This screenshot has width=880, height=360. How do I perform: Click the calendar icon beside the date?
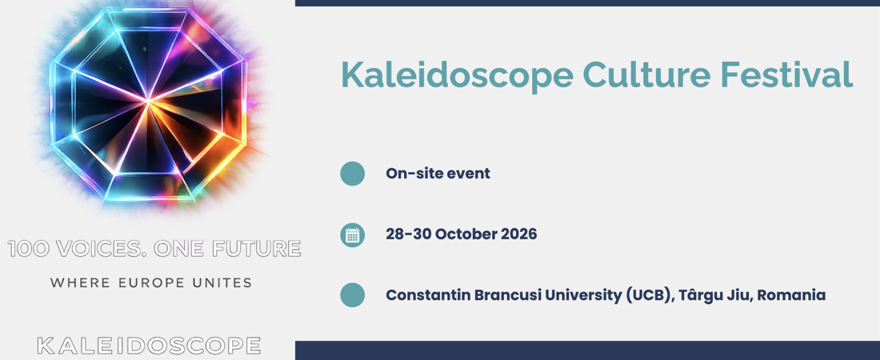[x=353, y=234]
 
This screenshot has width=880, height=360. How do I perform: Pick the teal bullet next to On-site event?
[x=353, y=174]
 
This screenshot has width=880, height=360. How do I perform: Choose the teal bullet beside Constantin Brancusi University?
[x=353, y=295]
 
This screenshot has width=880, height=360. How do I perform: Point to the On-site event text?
[x=438, y=174]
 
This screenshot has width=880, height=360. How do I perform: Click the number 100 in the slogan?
[x=26, y=249]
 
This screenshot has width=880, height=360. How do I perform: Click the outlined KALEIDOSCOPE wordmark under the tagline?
[x=149, y=346]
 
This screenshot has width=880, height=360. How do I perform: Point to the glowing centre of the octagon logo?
[x=148, y=102]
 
